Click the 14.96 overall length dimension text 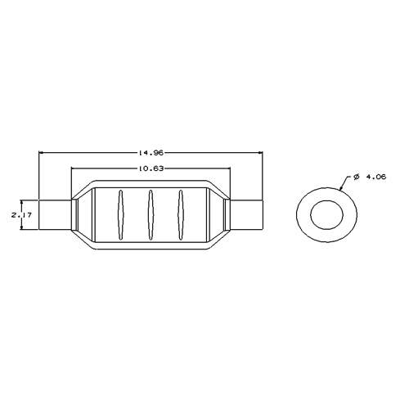pos(151,153)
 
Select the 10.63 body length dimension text pos(151,169)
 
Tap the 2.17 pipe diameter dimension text pos(21,215)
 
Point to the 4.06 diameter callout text pos(375,177)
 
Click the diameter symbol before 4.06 pos(356,177)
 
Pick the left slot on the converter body pos(120,215)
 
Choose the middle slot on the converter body pos(151,215)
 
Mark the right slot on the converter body pos(180,215)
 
